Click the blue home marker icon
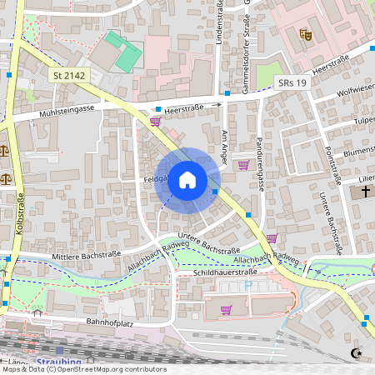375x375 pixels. click(187, 179)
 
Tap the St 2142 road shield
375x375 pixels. click(68, 76)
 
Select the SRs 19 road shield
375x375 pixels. click(292, 83)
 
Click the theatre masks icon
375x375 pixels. click(306, 35)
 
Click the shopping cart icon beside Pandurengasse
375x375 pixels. click(243, 165)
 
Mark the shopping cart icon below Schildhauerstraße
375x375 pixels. click(225, 310)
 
